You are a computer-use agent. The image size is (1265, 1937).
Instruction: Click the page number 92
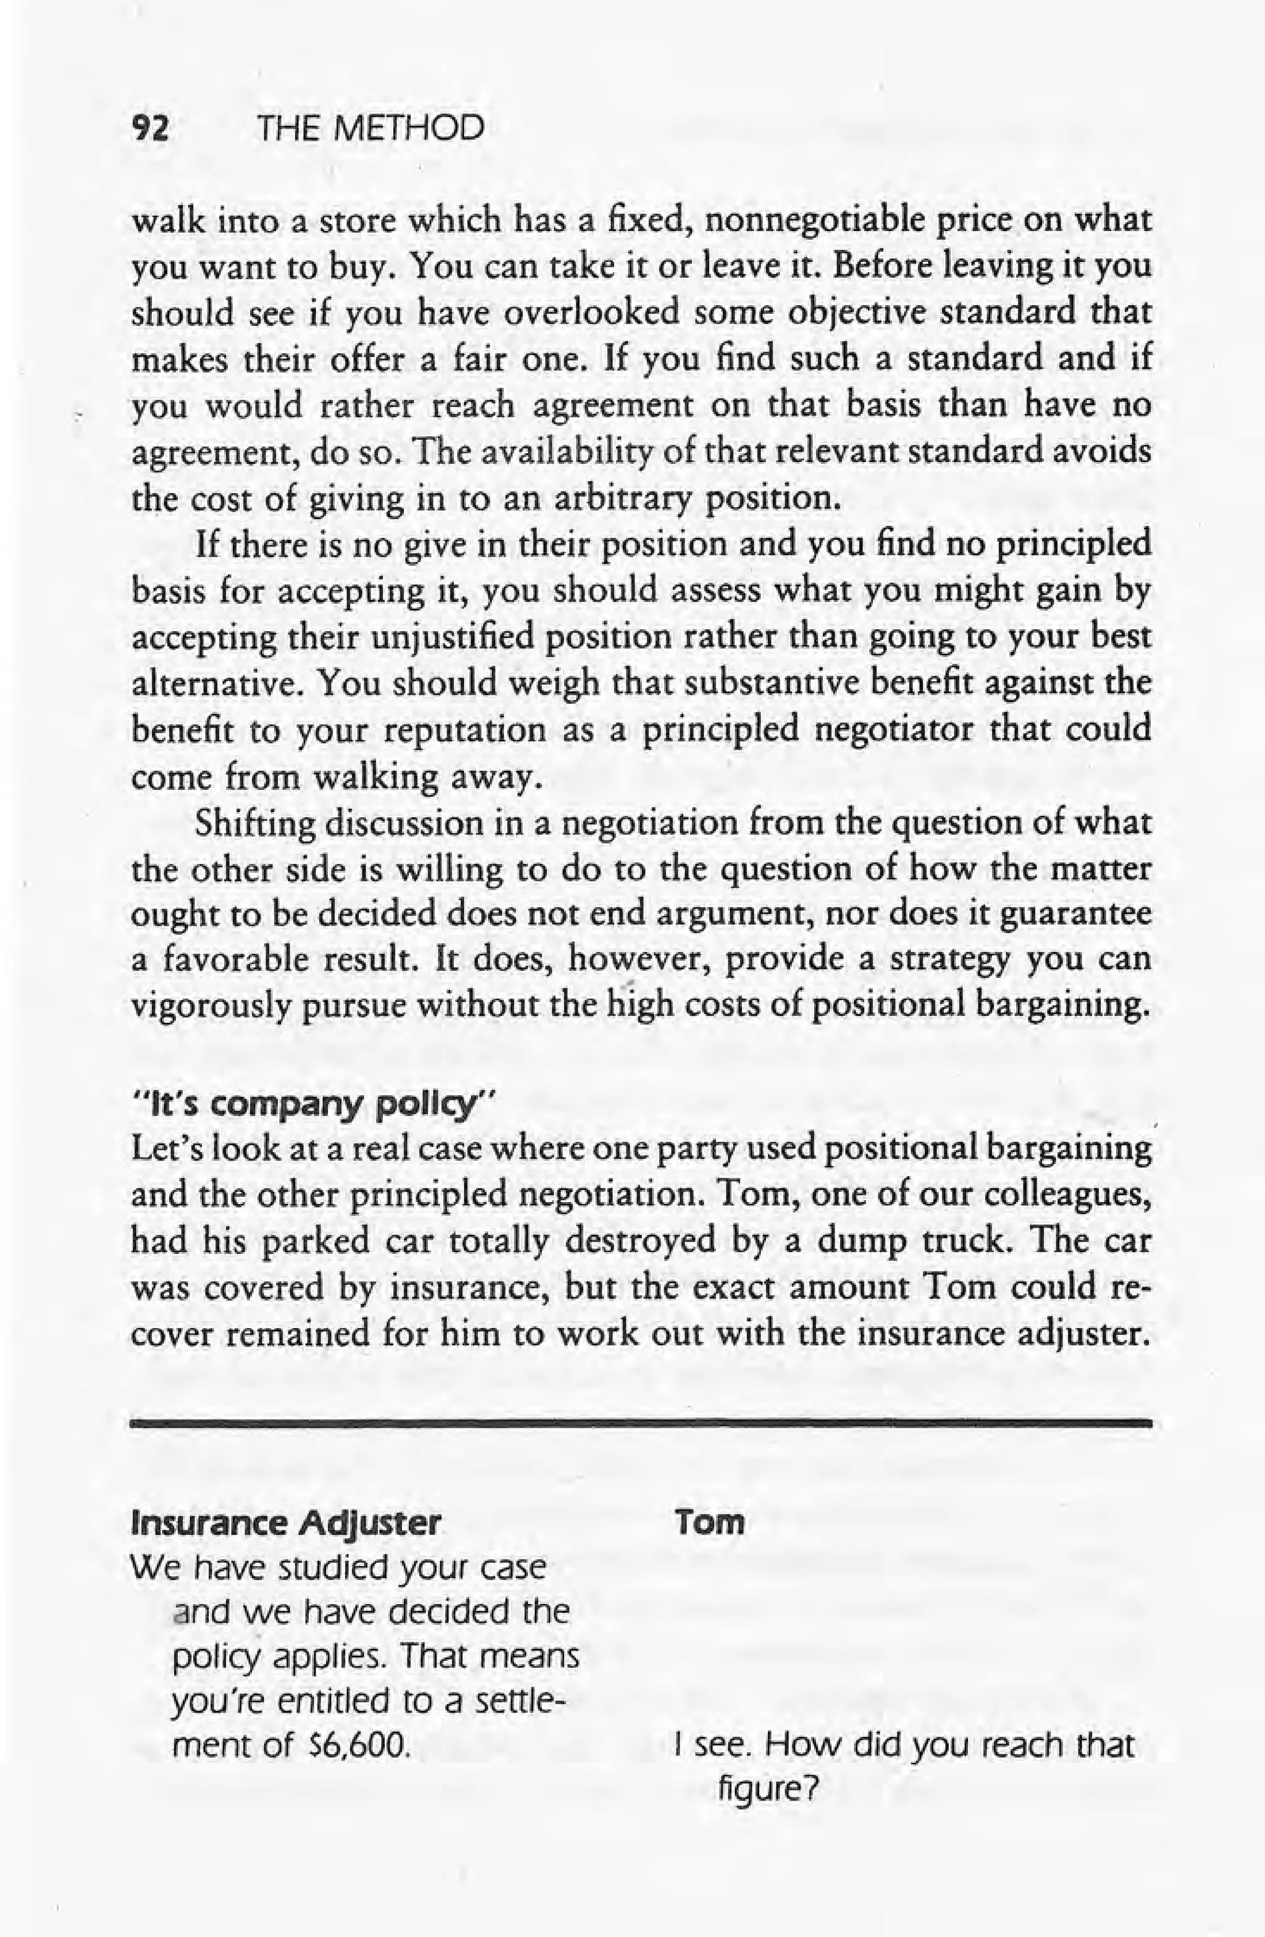(x=149, y=128)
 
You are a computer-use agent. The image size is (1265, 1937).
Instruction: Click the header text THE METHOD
(x=369, y=128)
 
